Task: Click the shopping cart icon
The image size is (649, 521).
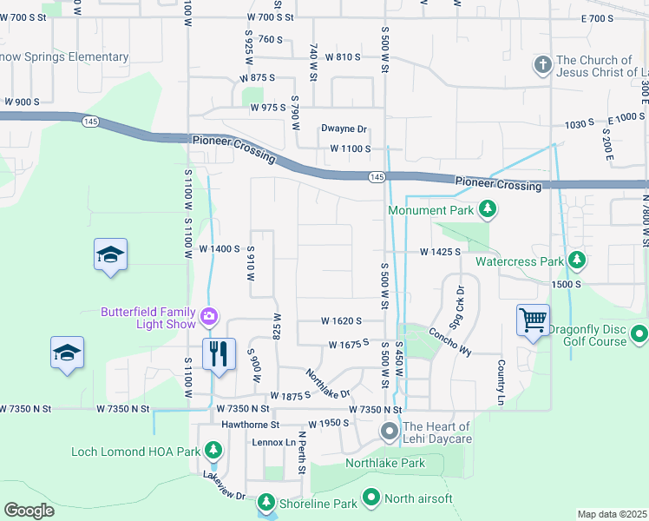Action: (532, 320)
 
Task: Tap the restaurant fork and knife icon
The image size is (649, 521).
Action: (218, 353)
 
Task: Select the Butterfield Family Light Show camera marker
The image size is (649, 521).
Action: (209, 316)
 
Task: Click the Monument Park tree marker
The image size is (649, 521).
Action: (488, 208)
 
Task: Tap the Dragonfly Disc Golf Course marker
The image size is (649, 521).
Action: (639, 333)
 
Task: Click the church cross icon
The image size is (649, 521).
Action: (542, 65)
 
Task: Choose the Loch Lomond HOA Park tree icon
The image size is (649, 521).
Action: (213, 451)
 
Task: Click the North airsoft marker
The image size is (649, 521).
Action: (370, 498)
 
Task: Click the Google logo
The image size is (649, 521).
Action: (29, 510)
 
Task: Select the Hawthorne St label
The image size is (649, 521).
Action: (250, 425)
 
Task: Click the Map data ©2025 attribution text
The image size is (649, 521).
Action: (612, 514)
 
